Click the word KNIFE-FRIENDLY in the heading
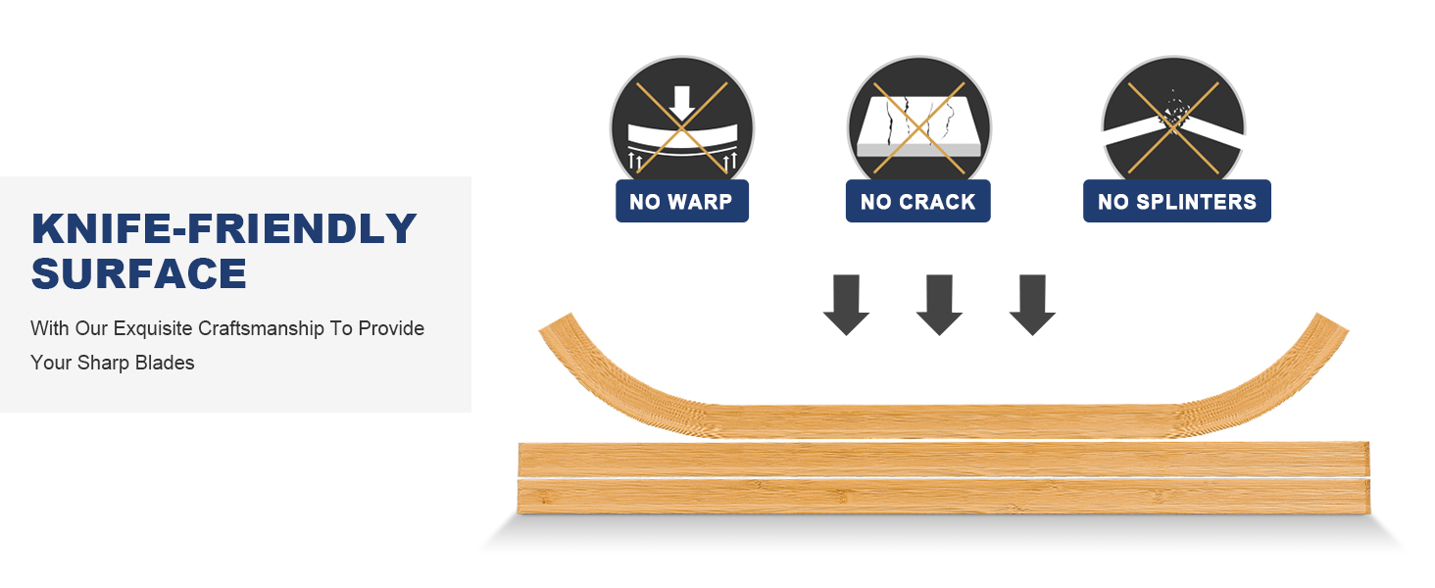click(x=224, y=228)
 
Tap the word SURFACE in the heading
click(x=139, y=273)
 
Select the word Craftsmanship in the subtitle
click(x=261, y=329)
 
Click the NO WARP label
click(x=681, y=202)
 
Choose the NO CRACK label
click(x=918, y=202)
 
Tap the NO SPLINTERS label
click(x=1177, y=202)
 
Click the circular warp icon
click(x=682, y=122)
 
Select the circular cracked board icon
click(x=919, y=122)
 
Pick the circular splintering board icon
click(x=1173, y=122)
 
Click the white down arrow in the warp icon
click(x=682, y=104)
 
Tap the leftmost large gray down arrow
click(x=846, y=305)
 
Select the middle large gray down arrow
click(x=939, y=305)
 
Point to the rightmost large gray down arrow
click(x=1032, y=305)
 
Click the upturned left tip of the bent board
click(x=555, y=322)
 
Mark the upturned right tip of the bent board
click(x=1333, y=322)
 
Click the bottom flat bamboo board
click(x=944, y=497)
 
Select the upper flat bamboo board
click(x=944, y=460)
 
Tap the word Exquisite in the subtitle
click(x=153, y=329)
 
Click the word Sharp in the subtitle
click(x=103, y=364)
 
